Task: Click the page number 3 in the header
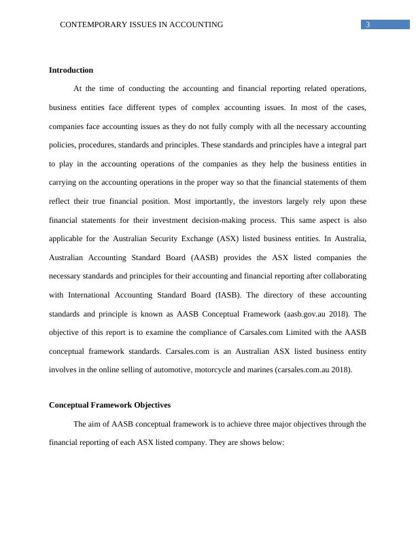click(x=367, y=25)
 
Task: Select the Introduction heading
click(x=71, y=70)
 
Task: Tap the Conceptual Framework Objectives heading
click(x=109, y=405)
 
